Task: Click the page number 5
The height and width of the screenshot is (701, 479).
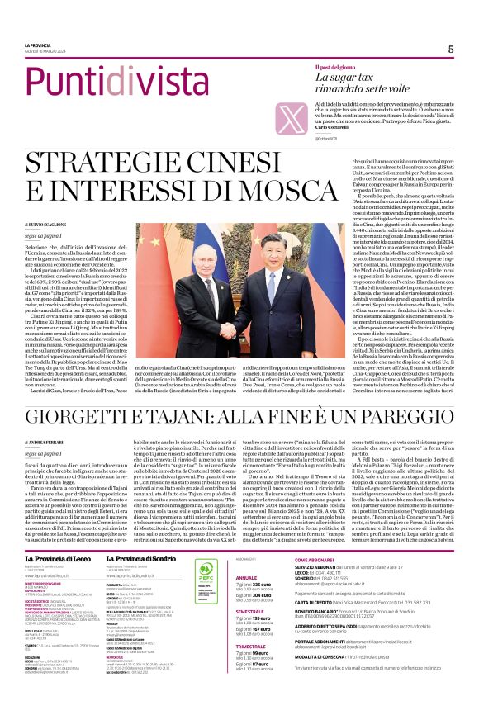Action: [451, 49]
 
